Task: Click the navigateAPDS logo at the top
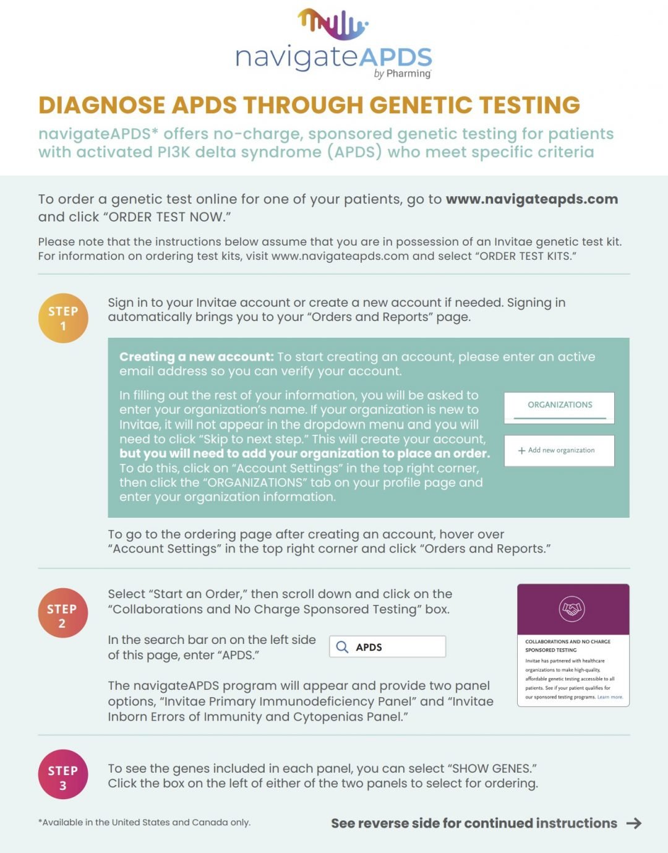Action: coord(333,43)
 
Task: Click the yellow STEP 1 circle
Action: coord(63,318)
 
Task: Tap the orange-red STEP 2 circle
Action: coord(62,615)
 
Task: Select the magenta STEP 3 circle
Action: coord(62,777)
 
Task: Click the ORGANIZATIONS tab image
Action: coord(560,406)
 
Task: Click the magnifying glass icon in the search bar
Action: coord(342,647)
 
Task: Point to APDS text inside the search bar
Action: coord(369,647)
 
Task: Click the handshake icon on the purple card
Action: coord(572,609)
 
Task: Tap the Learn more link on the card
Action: coord(610,697)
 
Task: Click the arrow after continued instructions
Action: coord(634,823)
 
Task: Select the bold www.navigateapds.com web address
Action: coord(532,199)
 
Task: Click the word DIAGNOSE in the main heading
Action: coord(101,105)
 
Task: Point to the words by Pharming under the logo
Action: coord(403,74)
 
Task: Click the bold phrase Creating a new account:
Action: coord(196,357)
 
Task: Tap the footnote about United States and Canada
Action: coord(144,822)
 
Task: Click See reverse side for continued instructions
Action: coord(474,823)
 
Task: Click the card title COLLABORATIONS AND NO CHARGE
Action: coord(567,641)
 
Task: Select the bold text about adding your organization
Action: coord(304,453)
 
